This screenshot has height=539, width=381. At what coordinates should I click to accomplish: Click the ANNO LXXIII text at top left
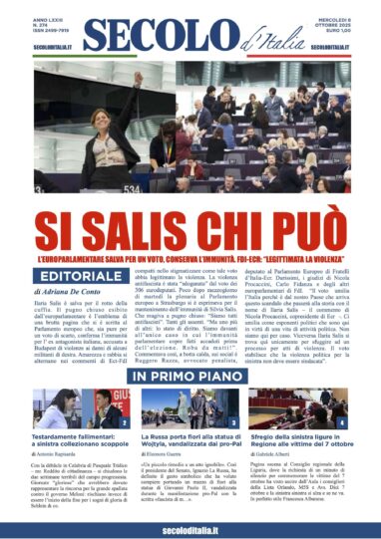[46, 13]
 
